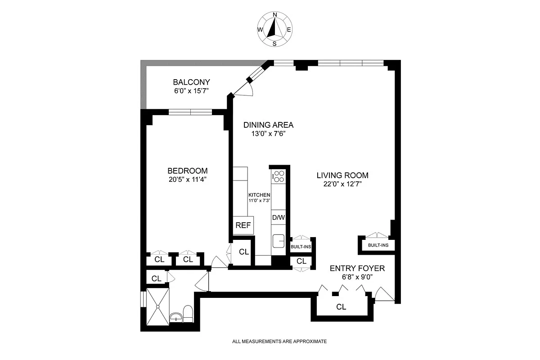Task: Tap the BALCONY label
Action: (x=192, y=82)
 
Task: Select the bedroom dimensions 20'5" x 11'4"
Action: (x=187, y=179)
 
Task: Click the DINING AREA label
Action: (x=268, y=125)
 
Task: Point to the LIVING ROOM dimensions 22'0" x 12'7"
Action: (x=342, y=184)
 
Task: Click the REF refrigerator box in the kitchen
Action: (x=243, y=225)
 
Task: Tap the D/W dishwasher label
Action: (x=279, y=218)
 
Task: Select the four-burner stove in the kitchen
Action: (x=279, y=176)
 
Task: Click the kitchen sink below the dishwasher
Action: (x=279, y=241)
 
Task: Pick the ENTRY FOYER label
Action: (x=357, y=268)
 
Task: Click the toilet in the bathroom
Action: (x=188, y=314)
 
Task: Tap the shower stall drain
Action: (x=157, y=307)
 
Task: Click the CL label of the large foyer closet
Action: (x=341, y=307)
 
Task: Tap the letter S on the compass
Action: (x=274, y=44)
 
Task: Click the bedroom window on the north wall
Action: (x=190, y=112)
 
